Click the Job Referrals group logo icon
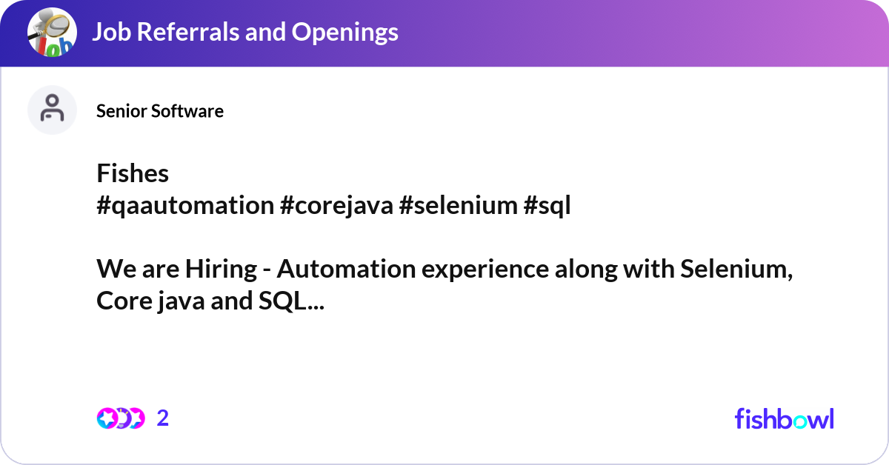tap(52, 33)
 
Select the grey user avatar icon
tap(52, 110)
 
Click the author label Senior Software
tap(160, 111)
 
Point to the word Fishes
tap(133, 173)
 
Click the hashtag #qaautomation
tap(185, 206)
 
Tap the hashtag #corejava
tap(336, 206)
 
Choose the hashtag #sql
tap(547, 206)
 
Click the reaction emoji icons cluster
tap(121, 418)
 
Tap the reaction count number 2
tap(163, 418)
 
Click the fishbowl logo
tap(784, 418)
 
